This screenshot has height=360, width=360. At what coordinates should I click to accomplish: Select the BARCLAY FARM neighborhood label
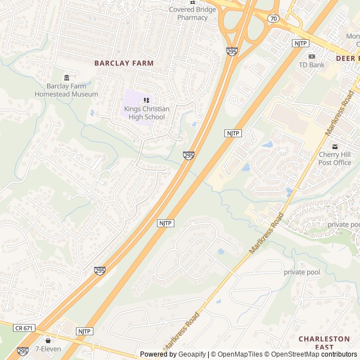124,64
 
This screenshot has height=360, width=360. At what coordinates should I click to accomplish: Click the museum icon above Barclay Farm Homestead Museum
67,77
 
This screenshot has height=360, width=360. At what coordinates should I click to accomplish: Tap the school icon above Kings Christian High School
146,100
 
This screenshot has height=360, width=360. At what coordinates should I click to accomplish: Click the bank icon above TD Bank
312,56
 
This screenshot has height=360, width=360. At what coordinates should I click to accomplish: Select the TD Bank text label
312,65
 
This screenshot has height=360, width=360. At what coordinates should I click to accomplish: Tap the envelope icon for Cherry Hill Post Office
335,146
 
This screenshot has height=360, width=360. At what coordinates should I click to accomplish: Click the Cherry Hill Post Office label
335,159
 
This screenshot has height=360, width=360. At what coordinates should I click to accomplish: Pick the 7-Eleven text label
48,349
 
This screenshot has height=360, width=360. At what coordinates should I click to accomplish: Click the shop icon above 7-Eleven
48,340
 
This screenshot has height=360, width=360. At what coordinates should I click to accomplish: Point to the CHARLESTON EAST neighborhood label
324,343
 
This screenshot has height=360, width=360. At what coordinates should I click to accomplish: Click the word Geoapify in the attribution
191,354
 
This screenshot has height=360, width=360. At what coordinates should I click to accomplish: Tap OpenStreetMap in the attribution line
291,354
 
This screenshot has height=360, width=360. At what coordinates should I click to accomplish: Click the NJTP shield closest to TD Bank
300,43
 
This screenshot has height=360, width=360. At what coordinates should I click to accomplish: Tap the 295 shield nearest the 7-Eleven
22,351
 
